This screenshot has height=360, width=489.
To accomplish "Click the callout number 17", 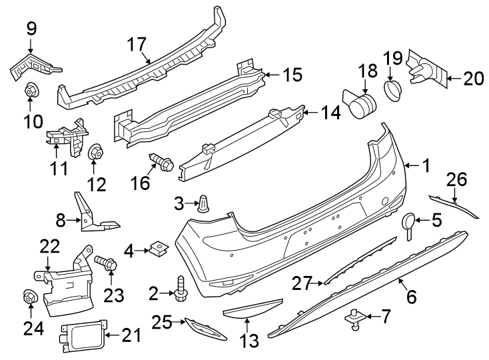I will (x=137, y=45).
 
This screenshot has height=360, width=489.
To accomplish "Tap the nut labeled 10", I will (x=31, y=91).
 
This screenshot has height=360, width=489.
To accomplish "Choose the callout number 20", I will (x=473, y=79).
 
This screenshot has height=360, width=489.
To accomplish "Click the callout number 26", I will (x=457, y=179).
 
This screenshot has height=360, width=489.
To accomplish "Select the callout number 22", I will (x=50, y=247).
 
